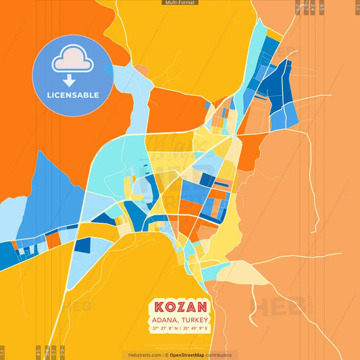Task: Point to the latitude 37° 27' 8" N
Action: pos(165,328)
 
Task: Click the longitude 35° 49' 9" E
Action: pos(195,328)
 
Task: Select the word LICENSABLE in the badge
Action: pos(73,95)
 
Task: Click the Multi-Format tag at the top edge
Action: pos(180,3)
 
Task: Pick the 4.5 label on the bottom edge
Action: pos(38,353)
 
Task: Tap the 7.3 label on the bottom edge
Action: pos(63,353)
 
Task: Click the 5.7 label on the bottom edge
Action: pos(53,353)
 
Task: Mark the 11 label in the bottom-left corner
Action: pos(3,353)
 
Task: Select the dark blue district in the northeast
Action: pos(277,84)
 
